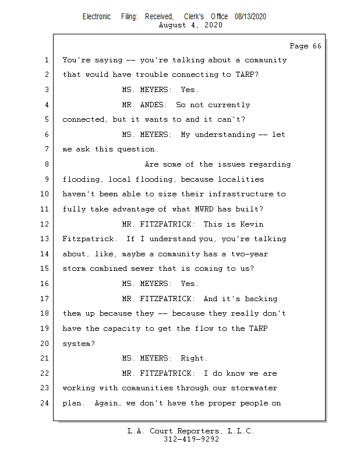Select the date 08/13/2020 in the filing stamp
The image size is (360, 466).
coord(250,17)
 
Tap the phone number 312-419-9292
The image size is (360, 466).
coord(191,439)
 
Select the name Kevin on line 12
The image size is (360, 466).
coord(252,224)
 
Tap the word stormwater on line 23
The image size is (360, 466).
coord(254,388)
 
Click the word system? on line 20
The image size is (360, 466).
coord(79,344)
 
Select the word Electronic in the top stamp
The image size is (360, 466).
coord(97,17)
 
